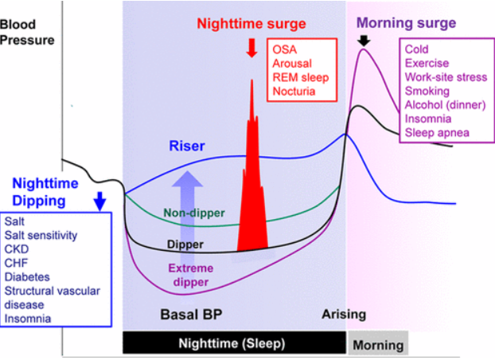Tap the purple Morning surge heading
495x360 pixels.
[407, 22]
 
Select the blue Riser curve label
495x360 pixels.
[187, 146]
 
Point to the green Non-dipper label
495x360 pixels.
[194, 213]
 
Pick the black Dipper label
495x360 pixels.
[186, 244]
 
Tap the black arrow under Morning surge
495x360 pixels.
[364, 41]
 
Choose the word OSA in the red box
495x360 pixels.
[284, 49]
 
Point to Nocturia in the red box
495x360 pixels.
[294, 92]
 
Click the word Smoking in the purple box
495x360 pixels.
[427, 91]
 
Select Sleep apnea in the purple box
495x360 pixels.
[437, 132]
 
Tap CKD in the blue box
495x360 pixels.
[16, 247]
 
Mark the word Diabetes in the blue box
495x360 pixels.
[27, 276]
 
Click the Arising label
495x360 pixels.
[344, 314]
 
